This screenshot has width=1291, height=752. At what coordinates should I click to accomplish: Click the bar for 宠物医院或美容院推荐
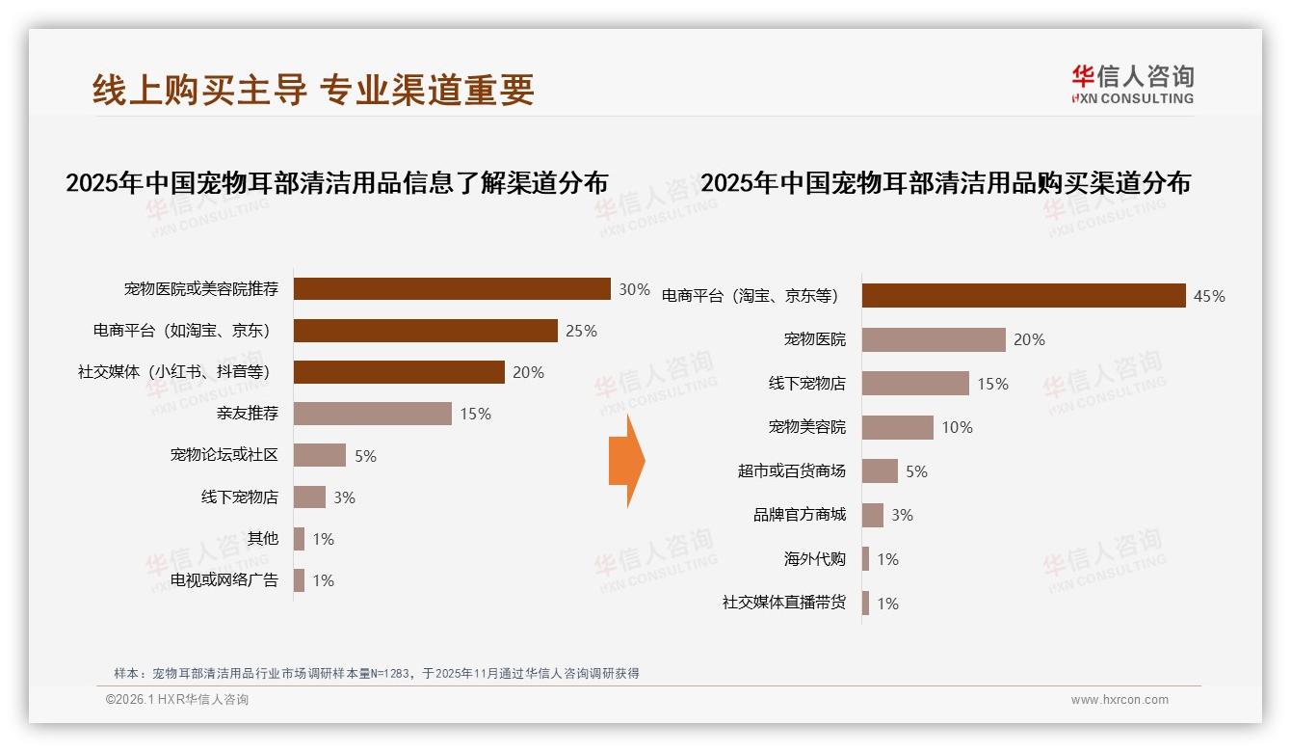click(x=452, y=289)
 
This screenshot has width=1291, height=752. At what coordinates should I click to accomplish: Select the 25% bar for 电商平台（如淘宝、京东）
click(x=425, y=331)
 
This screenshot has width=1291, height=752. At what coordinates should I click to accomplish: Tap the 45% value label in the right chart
click(x=1209, y=296)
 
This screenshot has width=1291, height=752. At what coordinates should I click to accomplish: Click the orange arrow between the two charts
click(x=626, y=461)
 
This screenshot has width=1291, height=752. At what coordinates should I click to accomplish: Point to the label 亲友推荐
click(x=248, y=414)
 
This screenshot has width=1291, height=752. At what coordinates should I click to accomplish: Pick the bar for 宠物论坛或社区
click(x=319, y=455)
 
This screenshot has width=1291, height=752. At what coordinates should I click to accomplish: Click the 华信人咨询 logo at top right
click(x=1132, y=83)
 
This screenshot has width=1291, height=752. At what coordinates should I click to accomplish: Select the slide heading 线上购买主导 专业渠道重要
click(x=313, y=90)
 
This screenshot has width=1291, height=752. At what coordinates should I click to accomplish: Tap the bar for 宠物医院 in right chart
click(x=933, y=339)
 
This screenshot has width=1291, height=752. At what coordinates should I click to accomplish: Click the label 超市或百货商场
click(x=791, y=471)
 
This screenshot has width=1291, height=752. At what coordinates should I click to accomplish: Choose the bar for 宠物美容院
click(x=897, y=427)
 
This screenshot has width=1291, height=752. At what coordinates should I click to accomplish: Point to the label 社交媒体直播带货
click(x=783, y=603)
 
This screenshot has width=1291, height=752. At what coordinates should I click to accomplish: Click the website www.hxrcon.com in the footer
click(x=1120, y=700)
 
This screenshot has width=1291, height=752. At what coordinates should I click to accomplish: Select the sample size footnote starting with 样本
click(x=376, y=674)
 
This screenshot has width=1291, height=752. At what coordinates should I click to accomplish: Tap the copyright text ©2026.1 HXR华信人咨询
click(x=177, y=700)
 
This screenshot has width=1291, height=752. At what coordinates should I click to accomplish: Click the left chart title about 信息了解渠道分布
click(x=336, y=183)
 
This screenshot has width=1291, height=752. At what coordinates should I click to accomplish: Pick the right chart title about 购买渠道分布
click(x=945, y=183)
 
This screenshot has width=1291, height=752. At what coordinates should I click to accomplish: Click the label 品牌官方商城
click(x=799, y=515)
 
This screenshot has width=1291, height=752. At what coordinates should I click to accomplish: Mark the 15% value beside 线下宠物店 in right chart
click(x=992, y=384)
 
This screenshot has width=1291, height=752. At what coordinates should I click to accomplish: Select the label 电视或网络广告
click(x=224, y=580)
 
